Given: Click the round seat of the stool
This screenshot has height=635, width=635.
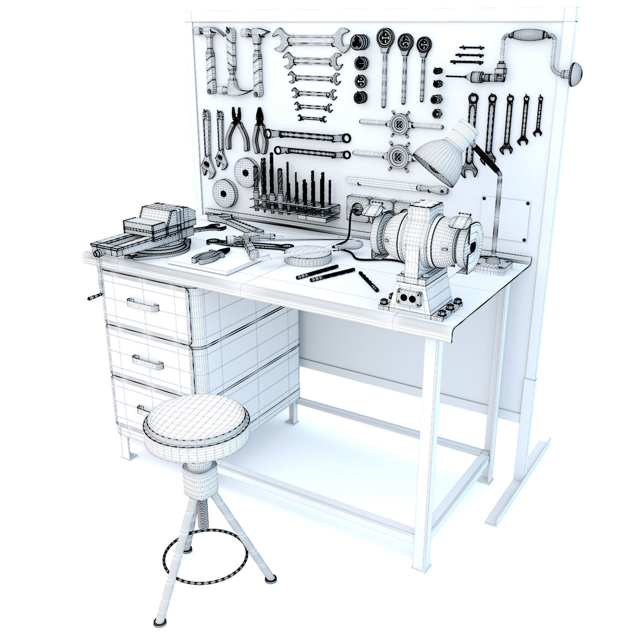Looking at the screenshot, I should (x=196, y=419).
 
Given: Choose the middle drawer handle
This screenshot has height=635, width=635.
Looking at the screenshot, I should (x=148, y=361).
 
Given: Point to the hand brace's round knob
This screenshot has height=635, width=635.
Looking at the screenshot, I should (x=572, y=73).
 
